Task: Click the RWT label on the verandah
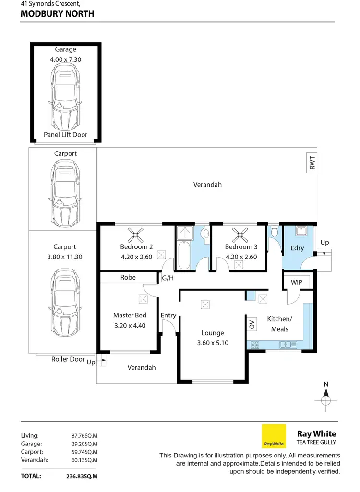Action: click(312, 164)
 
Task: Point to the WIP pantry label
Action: click(297, 282)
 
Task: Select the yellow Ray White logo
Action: click(274, 436)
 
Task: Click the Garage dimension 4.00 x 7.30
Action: click(65, 60)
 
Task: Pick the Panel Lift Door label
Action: click(65, 135)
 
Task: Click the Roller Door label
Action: click(68, 359)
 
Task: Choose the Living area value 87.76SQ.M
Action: click(84, 435)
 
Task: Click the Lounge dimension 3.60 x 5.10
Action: click(213, 343)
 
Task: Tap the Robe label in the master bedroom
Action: click(128, 277)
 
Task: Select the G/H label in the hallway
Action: click(168, 278)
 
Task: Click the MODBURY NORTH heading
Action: click(58, 14)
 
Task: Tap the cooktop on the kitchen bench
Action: click(254, 344)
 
